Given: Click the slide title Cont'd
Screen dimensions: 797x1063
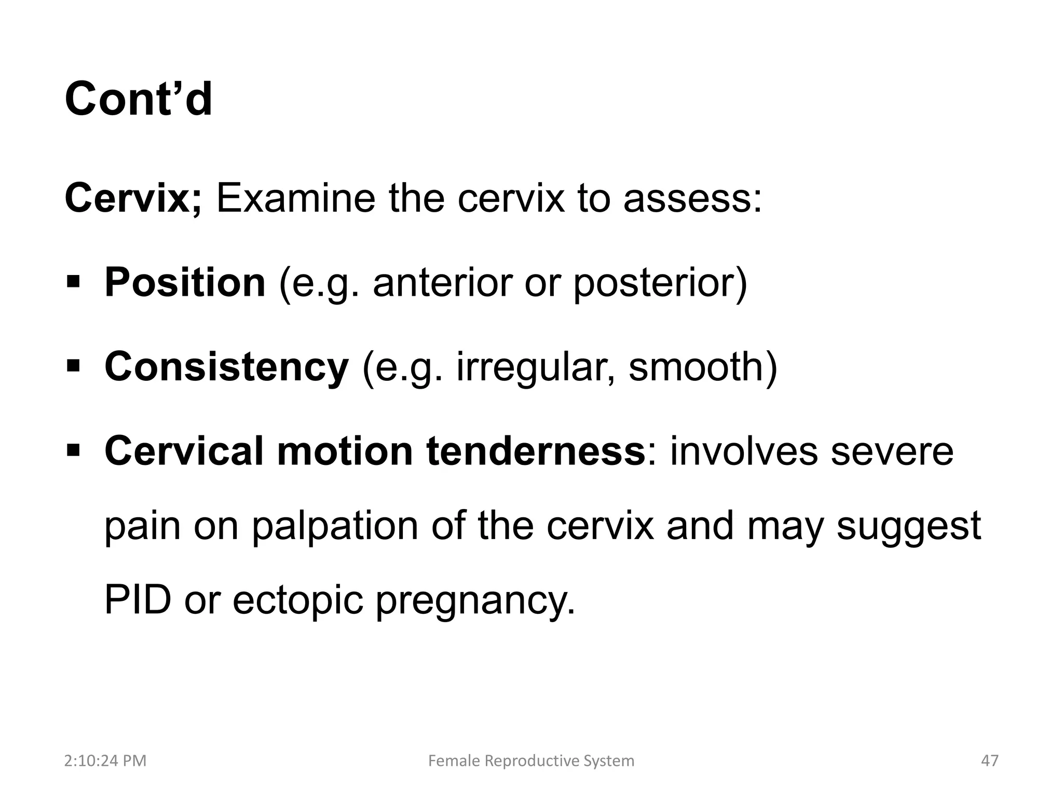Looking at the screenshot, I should point(138,99).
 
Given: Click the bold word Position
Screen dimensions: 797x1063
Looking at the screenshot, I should point(185,282).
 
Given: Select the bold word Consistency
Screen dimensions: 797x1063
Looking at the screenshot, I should point(226,366).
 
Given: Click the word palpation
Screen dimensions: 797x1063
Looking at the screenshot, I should point(335,526).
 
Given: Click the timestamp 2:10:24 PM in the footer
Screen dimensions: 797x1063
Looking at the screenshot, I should point(105,761).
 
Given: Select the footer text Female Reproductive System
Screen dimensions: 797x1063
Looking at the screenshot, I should point(531,761).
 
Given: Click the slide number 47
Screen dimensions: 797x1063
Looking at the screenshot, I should point(989,761).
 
